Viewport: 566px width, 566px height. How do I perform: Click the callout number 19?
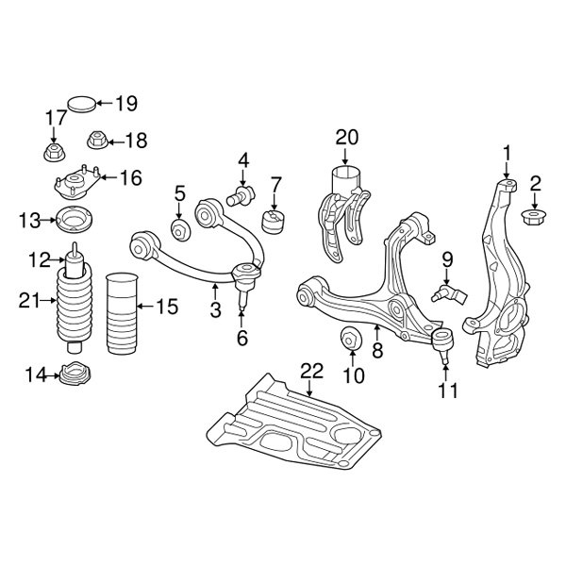tap(126, 103)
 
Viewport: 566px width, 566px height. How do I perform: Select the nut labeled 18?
tap(95, 141)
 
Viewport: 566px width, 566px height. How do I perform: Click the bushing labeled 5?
tap(179, 231)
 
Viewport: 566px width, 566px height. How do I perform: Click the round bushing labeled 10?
tap(350, 338)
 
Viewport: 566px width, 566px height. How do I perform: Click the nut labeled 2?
tap(535, 219)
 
